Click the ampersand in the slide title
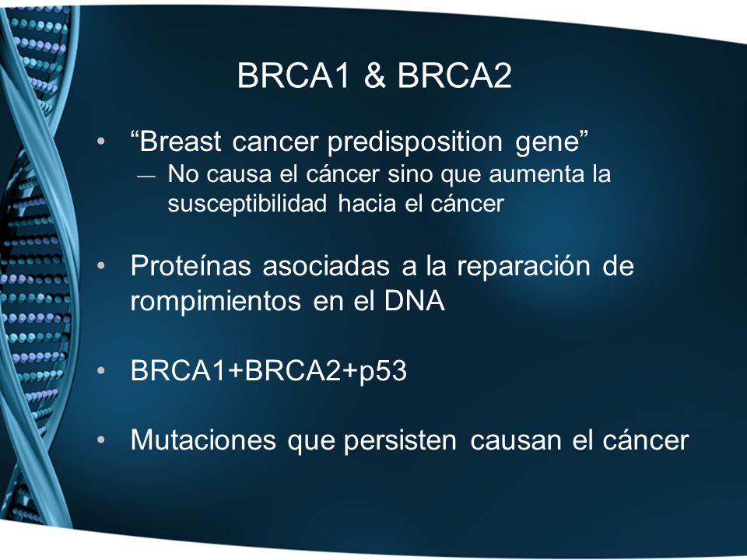click(x=375, y=75)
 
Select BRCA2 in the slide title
click(x=454, y=75)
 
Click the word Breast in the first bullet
click(x=181, y=142)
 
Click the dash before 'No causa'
click(x=146, y=177)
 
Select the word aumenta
click(x=536, y=175)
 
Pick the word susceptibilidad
click(x=247, y=205)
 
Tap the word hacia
click(x=366, y=203)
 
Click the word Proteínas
click(x=191, y=265)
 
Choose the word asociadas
click(x=326, y=265)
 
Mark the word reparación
click(x=524, y=267)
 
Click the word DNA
click(x=415, y=300)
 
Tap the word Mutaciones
click(x=203, y=439)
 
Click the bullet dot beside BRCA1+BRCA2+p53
click(x=100, y=370)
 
